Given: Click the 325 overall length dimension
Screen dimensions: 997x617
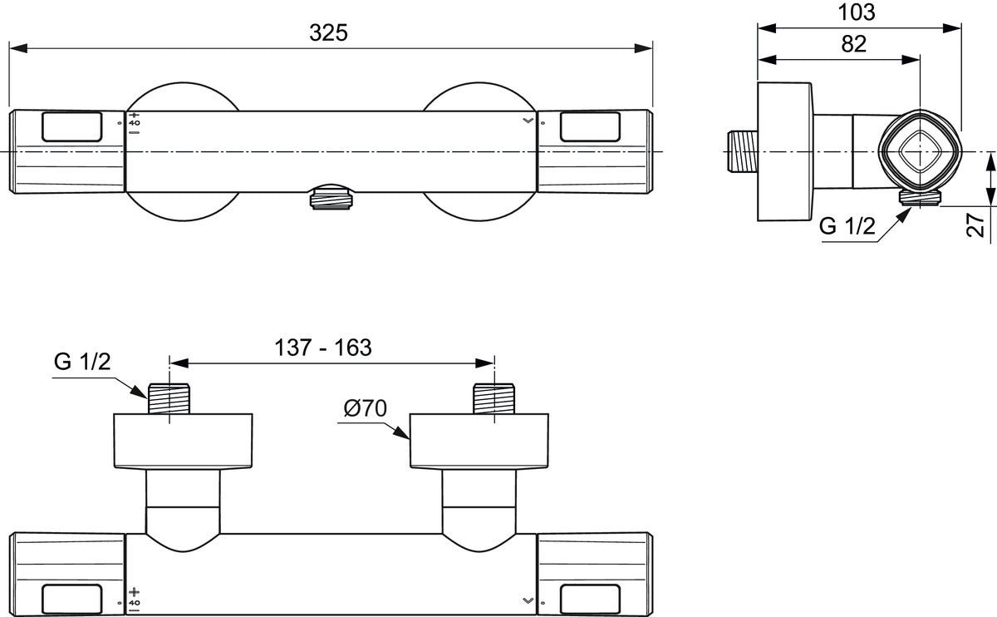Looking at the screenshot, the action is click(x=328, y=33).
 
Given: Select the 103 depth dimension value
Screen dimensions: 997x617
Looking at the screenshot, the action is click(x=857, y=12).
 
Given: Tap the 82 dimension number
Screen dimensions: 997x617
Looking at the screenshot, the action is click(x=854, y=44).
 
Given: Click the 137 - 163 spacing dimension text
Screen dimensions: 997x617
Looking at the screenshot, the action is click(x=322, y=348).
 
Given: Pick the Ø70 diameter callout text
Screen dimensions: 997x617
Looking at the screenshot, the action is click(x=366, y=408).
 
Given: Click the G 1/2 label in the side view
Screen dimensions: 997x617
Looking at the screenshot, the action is click(x=847, y=226).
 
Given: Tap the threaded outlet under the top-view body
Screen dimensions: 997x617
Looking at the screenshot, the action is click(x=332, y=197).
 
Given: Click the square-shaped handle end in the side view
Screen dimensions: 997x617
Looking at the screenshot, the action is click(x=920, y=152).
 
